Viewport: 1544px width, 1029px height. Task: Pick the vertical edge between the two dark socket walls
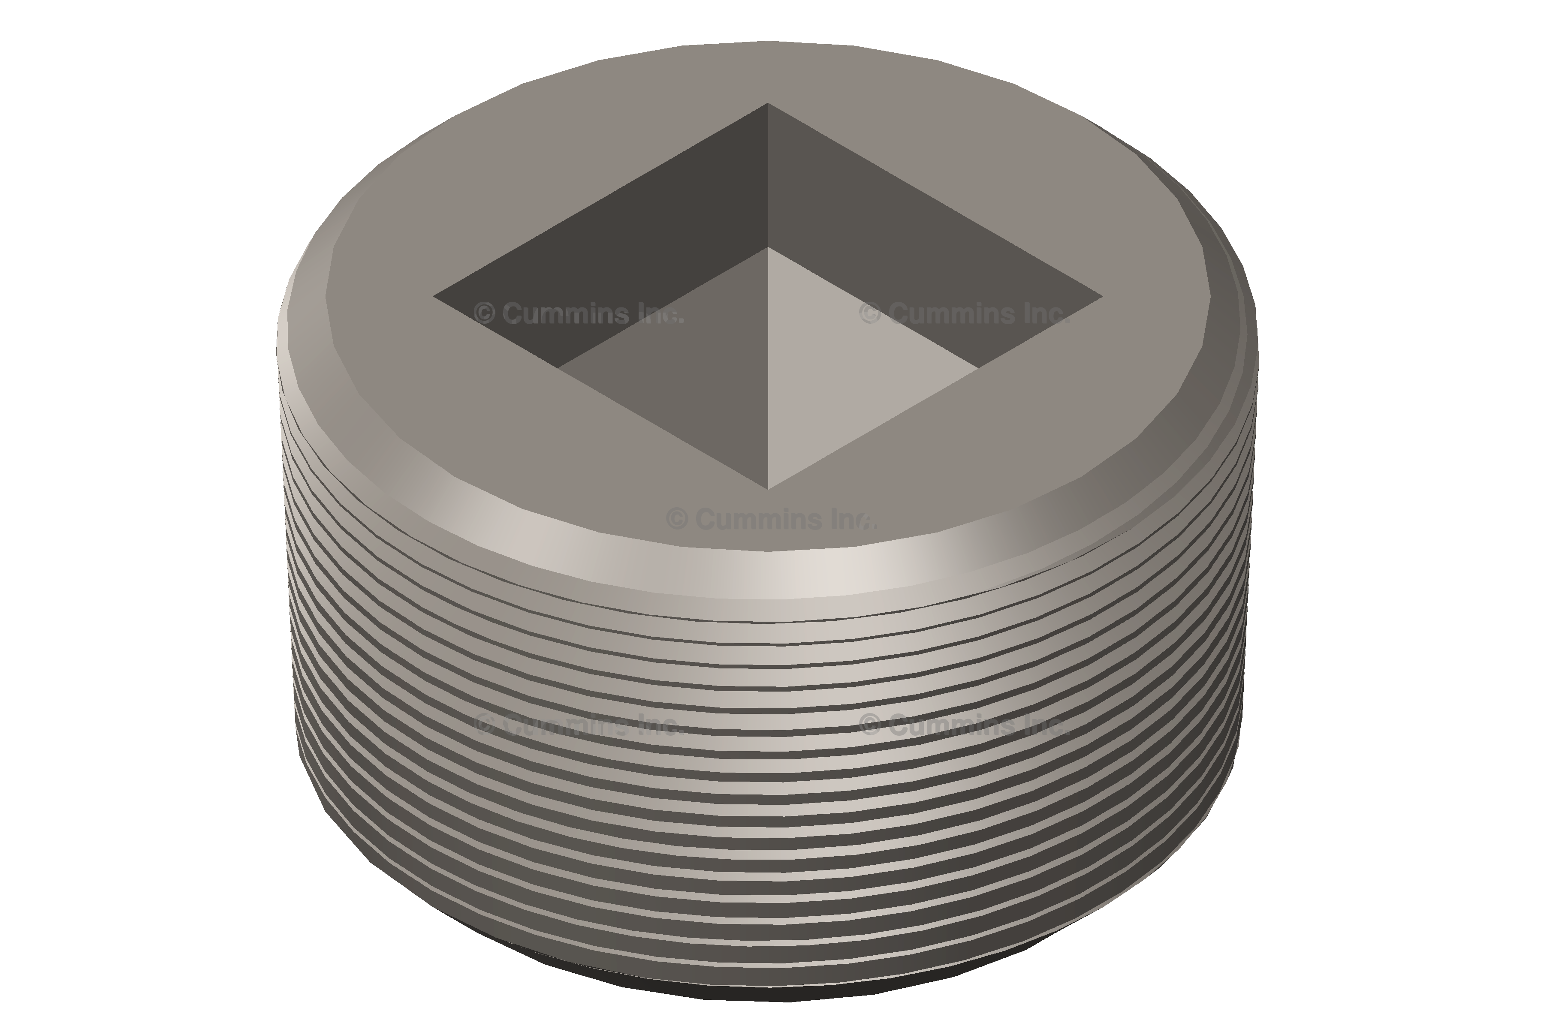point(768,175)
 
